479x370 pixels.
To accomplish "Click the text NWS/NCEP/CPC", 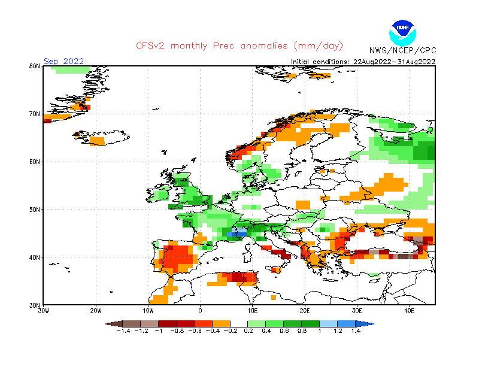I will (402, 50).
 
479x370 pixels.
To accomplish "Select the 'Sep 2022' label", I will (63, 61).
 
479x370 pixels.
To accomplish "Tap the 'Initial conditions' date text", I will (363, 61).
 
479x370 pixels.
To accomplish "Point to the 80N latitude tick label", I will (34, 66).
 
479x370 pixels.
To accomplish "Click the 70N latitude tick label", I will (34, 114).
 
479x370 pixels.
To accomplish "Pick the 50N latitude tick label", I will (34, 210).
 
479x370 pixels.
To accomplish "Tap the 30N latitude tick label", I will (34, 305).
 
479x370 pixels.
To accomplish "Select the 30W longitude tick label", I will (44, 311).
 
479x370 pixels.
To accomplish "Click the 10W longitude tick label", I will (148, 311).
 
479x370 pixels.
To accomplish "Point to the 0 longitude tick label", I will (201, 311).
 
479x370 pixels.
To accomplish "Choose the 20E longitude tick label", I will (305, 311).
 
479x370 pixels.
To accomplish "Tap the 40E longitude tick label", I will (410, 311).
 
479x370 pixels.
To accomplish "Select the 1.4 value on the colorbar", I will (356, 331).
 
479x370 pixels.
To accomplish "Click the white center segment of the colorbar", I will (239, 324).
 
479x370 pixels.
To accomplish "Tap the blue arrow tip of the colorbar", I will (370, 324).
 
